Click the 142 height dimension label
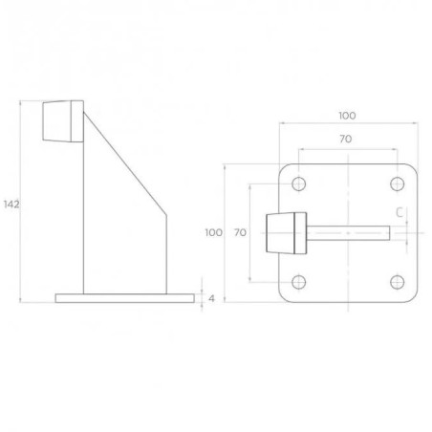(x=11, y=204)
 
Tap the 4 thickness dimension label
(x=210, y=298)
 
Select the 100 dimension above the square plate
(x=346, y=116)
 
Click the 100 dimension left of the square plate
(x=213, y=232)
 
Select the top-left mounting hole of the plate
(x=298, y=183)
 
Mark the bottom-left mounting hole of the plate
(x=298, y=281)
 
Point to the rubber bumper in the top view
(x=284, y=232)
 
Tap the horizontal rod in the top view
(x=349, y=232)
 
